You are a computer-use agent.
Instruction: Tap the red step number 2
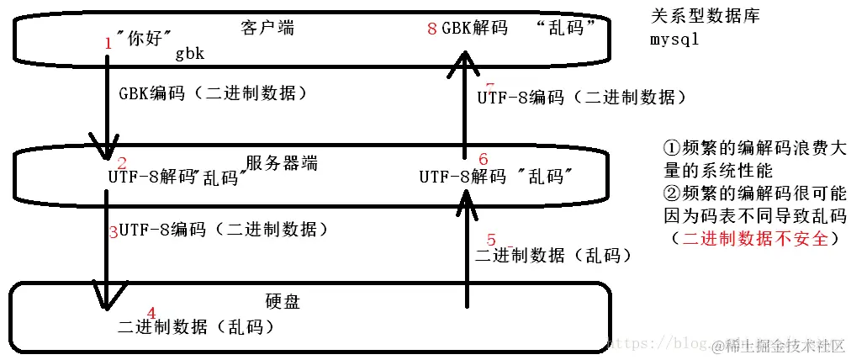tap(122, 163)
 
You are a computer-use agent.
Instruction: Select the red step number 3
tap(114, 232)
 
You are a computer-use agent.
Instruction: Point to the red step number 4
tap(151, 312)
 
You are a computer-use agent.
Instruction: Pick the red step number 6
tap(483, 159)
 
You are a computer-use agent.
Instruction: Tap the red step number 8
tap(432, 29)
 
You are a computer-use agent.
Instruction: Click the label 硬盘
tap(283, 301)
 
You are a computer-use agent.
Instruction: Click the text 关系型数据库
tap(706, 15)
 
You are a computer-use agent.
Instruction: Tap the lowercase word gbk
tap(191, 53)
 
